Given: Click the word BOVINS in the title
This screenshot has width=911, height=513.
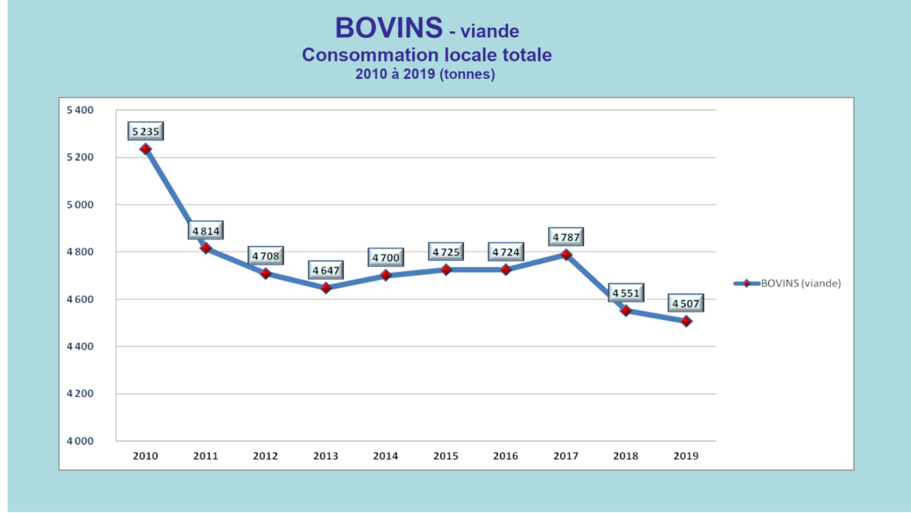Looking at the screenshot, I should click(x=388, y=28).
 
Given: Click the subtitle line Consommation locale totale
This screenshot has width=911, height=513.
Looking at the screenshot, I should click(x=427, y=55).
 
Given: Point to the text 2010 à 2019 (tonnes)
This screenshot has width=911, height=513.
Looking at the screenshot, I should click(x=425, y=74).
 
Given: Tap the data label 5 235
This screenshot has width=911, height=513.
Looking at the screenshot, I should click(x=145, y=131).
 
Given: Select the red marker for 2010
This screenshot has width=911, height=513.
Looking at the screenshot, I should click(x=146, y=149).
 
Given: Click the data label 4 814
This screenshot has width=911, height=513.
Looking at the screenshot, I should click(x=205, y=231).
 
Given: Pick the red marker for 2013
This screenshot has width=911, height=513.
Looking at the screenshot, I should click(x=326, y=288).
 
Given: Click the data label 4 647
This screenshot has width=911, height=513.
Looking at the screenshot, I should click(x=326, y=270).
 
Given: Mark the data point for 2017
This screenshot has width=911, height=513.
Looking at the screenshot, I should click(x=566, y=255).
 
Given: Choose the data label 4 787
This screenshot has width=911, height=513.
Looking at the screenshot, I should click(x=566, y=237).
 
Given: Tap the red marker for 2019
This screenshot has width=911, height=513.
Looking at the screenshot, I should click(x=686, y=321).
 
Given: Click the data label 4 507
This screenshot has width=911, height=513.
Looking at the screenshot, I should click(x=686, y=304).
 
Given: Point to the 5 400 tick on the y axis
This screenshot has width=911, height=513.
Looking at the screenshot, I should click(x=80, y=110).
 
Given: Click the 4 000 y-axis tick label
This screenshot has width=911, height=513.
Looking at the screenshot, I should click(x=80, y=442).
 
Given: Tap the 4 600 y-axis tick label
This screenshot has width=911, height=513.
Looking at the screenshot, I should click(x=80, y=299).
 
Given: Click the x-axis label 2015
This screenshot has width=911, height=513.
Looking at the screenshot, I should click(x=446, y=456).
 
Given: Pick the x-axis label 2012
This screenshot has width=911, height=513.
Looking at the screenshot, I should click(x=266, y=456).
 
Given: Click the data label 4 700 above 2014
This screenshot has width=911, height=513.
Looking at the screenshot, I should click(x=386, y=258).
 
